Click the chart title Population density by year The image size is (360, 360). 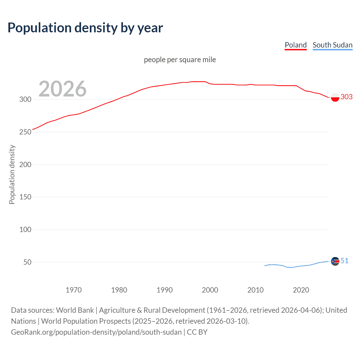tap(85, 28)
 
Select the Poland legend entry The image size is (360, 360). tap(296, 45)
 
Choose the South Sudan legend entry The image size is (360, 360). tap(332, 45)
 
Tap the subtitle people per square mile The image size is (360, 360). tap(180, 60)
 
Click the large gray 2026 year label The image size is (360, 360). tap(62, 89)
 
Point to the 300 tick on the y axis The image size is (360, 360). tap(25, 99)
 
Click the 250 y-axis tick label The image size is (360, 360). tap(25, 132)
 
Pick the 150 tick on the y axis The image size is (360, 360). tap(25, 197)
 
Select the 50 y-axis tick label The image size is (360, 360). tap(27, 262)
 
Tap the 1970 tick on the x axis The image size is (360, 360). tap(74, 290)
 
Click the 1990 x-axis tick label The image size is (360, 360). tap(165, 290)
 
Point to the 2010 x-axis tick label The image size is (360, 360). tap(255, 290)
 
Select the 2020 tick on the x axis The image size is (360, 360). tap(301, 290)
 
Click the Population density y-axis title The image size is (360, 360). tap(12, 174)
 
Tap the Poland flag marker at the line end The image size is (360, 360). tap(335, 97)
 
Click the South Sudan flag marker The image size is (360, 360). tap(335, 261)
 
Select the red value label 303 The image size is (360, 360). tap(346, 97)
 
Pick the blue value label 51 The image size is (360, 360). tap(345, 261)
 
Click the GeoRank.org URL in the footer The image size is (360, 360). tap(96, 332)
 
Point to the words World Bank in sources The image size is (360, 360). tap(75, 310)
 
